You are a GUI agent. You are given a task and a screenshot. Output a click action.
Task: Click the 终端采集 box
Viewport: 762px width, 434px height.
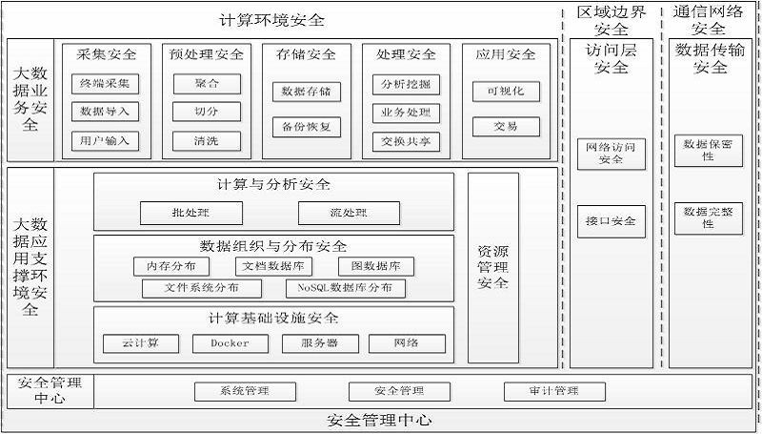click(105, 83)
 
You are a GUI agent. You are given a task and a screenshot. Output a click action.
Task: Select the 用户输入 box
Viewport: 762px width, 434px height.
click(105, 141)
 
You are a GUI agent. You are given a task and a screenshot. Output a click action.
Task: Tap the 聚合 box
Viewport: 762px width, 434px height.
click(206, 83)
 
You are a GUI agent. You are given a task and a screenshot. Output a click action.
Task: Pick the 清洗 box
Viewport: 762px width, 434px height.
click(206, 141)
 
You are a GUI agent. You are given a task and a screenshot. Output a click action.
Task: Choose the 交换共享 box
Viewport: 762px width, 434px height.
click(405, 141)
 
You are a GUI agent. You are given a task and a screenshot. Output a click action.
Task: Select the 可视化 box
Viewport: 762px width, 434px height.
click(506, 92)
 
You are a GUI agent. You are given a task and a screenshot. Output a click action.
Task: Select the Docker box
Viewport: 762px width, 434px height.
click(230, 343)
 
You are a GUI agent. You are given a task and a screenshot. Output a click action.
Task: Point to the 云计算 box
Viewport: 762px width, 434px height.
click(140, 343)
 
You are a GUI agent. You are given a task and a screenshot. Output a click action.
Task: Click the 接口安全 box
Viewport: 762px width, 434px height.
click(611, 221)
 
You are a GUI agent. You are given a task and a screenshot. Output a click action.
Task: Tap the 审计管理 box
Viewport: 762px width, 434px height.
click(554, 391)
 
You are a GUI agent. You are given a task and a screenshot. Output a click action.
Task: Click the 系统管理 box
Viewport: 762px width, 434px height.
click(245, 391)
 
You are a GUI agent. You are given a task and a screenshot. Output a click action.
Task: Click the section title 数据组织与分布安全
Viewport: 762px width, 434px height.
click(274, 246)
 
